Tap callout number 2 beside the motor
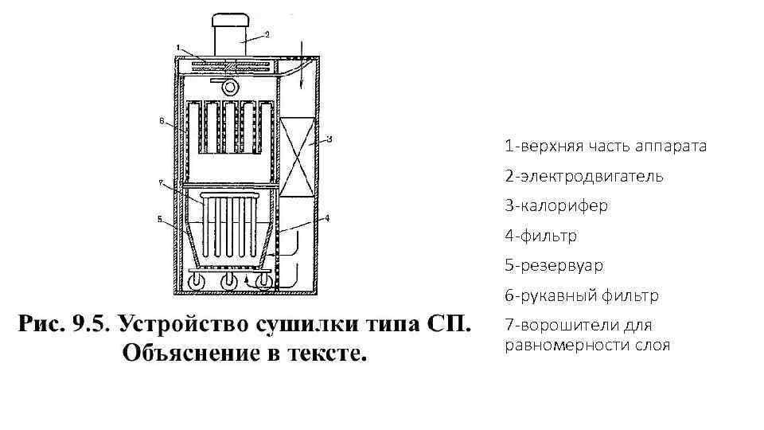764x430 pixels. (267, 34)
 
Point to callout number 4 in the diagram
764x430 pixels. (326, 217)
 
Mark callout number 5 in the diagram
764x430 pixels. (161, 219)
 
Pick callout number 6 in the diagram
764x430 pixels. (162, 122)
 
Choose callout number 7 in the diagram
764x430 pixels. (161, 183)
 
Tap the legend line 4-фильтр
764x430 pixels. (540, 236)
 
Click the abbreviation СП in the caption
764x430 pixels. (451, 324)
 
